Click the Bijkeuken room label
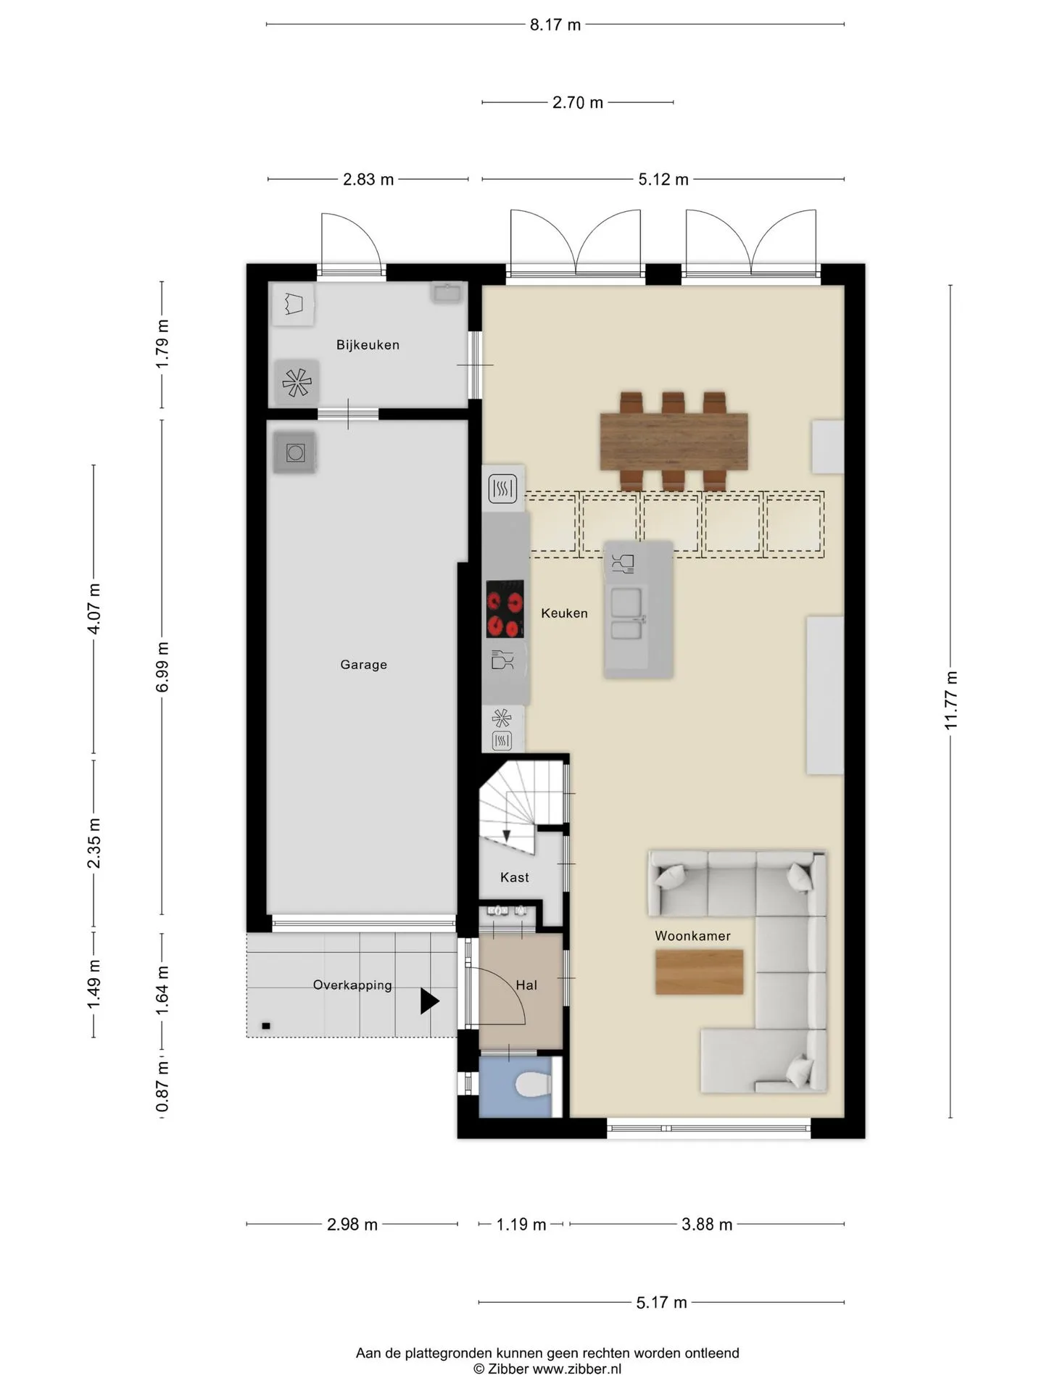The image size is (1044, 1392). coord(368,345)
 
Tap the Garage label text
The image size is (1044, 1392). coord(364,665)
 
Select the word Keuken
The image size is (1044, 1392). coord(564,613)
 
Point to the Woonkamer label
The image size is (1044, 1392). coord(692,936)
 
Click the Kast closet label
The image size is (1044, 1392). coord(515,877)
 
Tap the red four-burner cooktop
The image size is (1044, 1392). coord(505,609)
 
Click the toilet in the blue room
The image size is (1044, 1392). coord(533,1085)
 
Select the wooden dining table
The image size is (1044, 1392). coord(674,442)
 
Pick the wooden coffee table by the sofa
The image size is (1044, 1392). coord(699,971)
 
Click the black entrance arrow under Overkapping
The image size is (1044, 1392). coord(429,1001)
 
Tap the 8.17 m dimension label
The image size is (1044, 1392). coord(555,25)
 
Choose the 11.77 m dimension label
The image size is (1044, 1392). coord(951,700)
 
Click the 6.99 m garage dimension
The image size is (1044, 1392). coord(162,667)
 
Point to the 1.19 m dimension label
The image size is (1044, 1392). coord(521,1225)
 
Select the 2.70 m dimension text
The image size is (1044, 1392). coord(578,103)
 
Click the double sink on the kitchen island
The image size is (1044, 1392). coord(626,613)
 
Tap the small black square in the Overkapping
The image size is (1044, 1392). coord(266,1026)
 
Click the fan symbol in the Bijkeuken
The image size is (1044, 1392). coord(297,382)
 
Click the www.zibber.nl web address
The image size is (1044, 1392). coord(577,1370)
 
